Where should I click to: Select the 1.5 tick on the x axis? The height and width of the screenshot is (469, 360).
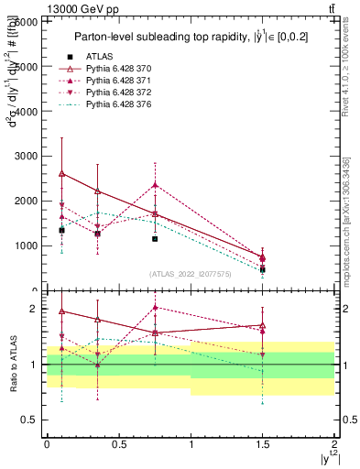coord(262,442)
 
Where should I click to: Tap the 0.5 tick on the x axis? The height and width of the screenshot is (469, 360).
coord(118,442)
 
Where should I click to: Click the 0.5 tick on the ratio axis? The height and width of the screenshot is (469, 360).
coord(32,420)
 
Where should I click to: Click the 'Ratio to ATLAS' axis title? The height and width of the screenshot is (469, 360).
coord(12,364)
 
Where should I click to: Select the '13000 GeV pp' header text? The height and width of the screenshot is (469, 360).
coord(41,7)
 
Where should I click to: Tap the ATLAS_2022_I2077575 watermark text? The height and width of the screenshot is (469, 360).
coord(190,274)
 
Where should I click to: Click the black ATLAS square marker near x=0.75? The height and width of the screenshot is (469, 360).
coord(155,239)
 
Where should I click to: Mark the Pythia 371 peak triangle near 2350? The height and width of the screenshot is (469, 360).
coord(155,185)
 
